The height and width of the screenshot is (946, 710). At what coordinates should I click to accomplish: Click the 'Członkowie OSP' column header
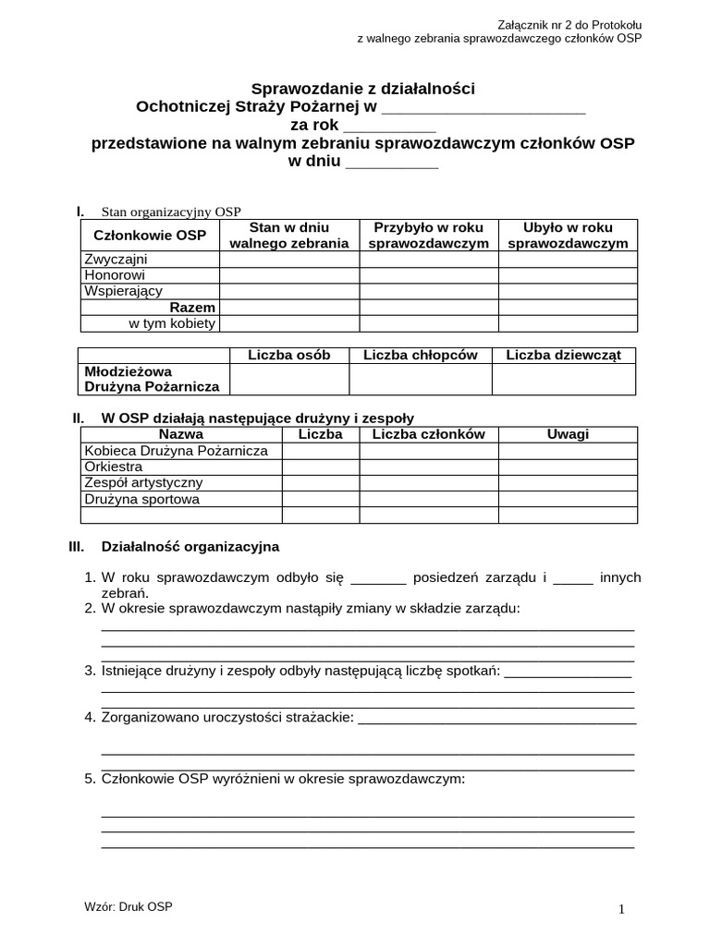150,236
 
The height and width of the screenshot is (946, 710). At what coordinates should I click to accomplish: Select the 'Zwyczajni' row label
116,260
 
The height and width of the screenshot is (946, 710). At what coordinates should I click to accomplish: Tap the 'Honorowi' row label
115,275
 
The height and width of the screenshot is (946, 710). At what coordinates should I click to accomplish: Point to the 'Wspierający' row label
123,291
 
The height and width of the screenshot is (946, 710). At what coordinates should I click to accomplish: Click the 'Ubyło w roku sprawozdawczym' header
568,236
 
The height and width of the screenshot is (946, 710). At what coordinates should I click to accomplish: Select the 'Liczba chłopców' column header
420,355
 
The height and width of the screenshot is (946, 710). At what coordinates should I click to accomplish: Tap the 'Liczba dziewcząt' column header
564,355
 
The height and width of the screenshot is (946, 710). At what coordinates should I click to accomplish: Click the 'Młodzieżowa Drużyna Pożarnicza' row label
152,379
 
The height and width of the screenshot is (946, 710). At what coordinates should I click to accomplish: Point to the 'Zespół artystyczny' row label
143,482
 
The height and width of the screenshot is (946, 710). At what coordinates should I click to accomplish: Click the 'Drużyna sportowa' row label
141,499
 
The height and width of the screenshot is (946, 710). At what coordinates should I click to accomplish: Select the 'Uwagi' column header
568,434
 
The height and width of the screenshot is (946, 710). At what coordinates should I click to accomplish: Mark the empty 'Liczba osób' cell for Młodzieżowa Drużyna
288,379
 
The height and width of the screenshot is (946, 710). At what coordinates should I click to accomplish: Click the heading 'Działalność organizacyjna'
190,547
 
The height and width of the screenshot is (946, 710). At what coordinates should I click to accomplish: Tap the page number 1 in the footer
621,909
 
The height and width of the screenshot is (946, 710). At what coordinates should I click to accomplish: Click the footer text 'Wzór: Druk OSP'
128,907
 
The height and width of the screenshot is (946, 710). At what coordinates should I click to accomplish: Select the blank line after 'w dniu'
392,162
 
